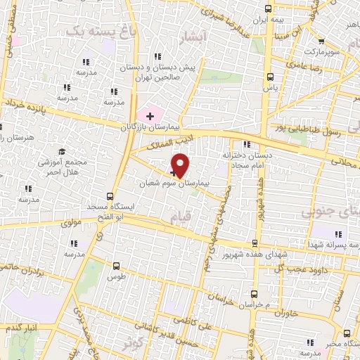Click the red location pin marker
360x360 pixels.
(181, 165)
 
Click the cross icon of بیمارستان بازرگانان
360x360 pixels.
(150, 115)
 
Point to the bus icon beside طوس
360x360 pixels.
(116, 266)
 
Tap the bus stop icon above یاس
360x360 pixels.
(270, 77)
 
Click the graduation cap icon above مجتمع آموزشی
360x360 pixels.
(61, 151)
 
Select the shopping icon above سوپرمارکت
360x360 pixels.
(321, 40)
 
